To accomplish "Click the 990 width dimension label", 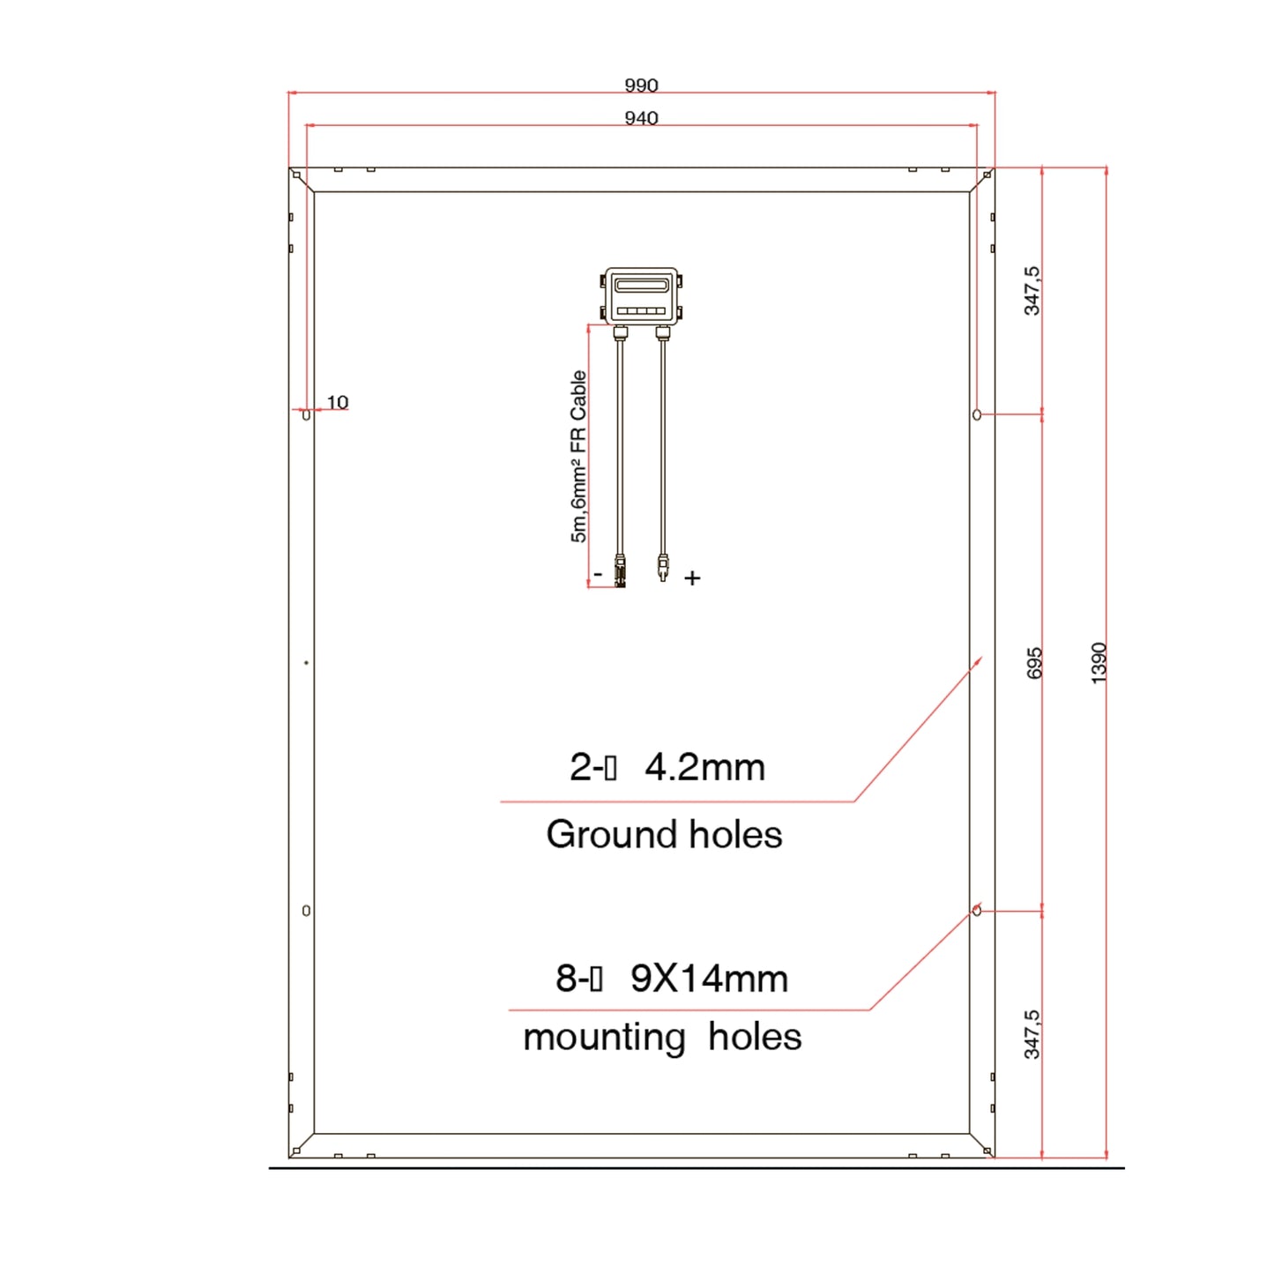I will tap(641, 86).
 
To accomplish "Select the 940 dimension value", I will tap(641, 118).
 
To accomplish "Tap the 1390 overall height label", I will tap(1099, 662).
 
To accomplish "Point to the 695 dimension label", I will tap(1034, 663).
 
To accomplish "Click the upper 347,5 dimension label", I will tap(1032, 291).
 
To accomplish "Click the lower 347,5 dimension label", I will tap(1032, 1034).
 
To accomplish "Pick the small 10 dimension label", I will tap(338, 402).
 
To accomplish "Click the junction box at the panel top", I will tap(641, 296).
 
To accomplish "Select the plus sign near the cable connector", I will tap(692, 578).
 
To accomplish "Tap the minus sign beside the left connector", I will tap(598, 574).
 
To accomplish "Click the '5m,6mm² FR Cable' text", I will tap(578, 456).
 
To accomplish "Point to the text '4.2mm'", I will tap(704, 767).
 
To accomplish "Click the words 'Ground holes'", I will tap(664, 834).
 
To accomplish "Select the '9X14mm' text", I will tap(709, 979).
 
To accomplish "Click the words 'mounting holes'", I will tap(662, 1037).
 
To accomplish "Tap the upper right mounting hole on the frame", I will tap(976, 414).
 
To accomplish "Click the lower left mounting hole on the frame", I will tap(306, 911).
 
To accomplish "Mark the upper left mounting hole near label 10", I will tap(306, 414).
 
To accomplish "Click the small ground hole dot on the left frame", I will tap(306, 662).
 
